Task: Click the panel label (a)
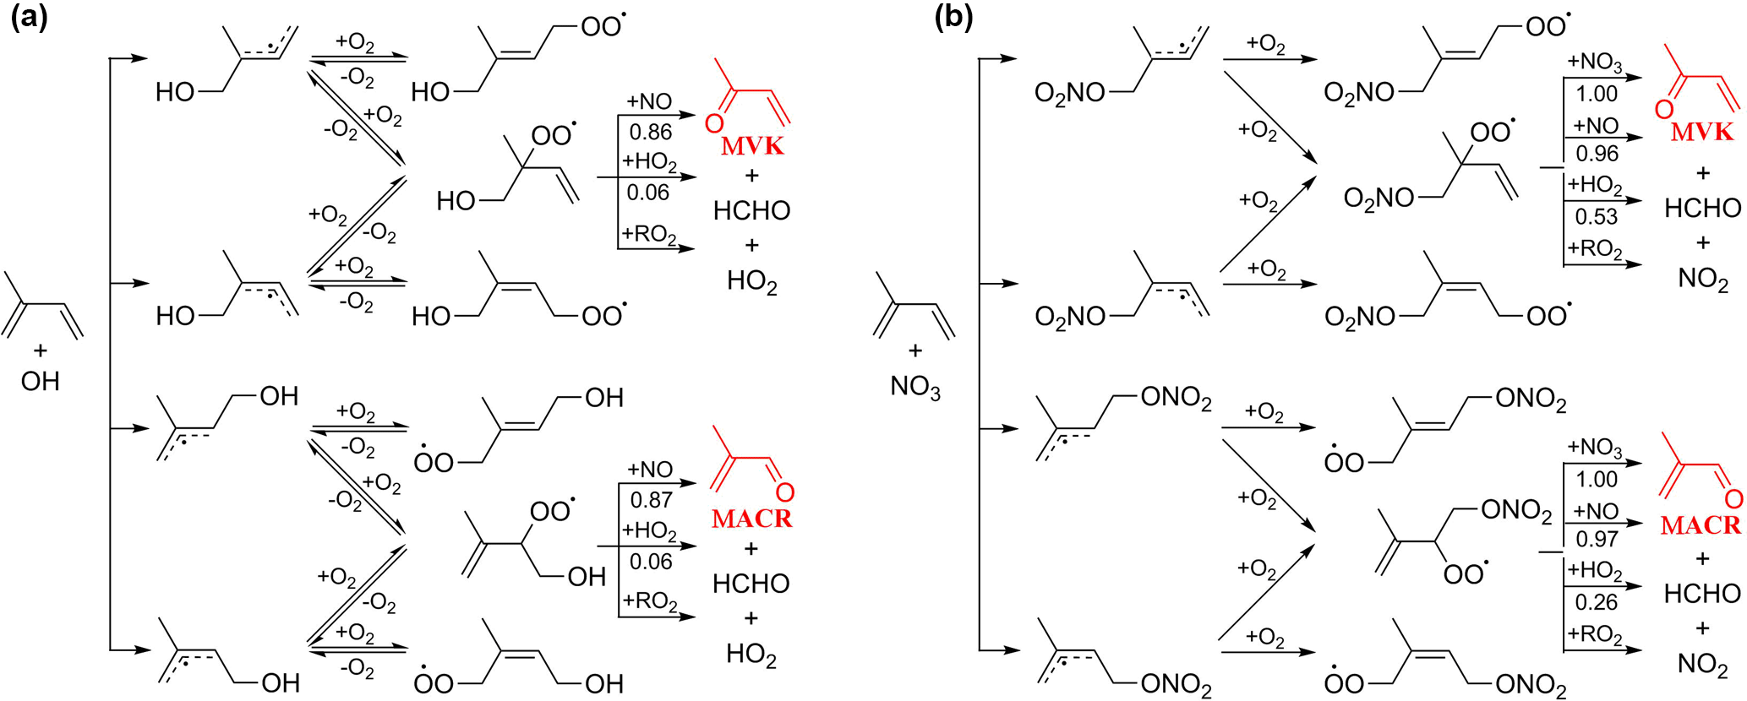(x=29, y=18)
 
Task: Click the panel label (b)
(x=954, y=18)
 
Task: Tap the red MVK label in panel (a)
(x=752, y=145)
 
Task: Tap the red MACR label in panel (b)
(x=1701, y=524)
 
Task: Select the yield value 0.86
(x=650, y=132)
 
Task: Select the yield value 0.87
(x=651, y=500)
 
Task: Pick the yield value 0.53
(x=1596, y=216)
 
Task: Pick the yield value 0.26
(x=1596, y=602)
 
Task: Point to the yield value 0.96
(x=1597, y=154)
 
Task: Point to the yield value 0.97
(x=1597, y=539)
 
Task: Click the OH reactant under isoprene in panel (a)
(x=40, y=382)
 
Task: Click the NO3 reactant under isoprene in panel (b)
(x=915, y=388)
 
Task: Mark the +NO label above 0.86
(x=649, y=102)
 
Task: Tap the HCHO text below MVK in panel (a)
(x=751, y=210)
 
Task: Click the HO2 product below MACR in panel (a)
(x=751, y=655)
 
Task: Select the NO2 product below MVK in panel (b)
(x=1702, y=280)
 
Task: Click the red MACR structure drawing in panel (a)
(x=751, y=462)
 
